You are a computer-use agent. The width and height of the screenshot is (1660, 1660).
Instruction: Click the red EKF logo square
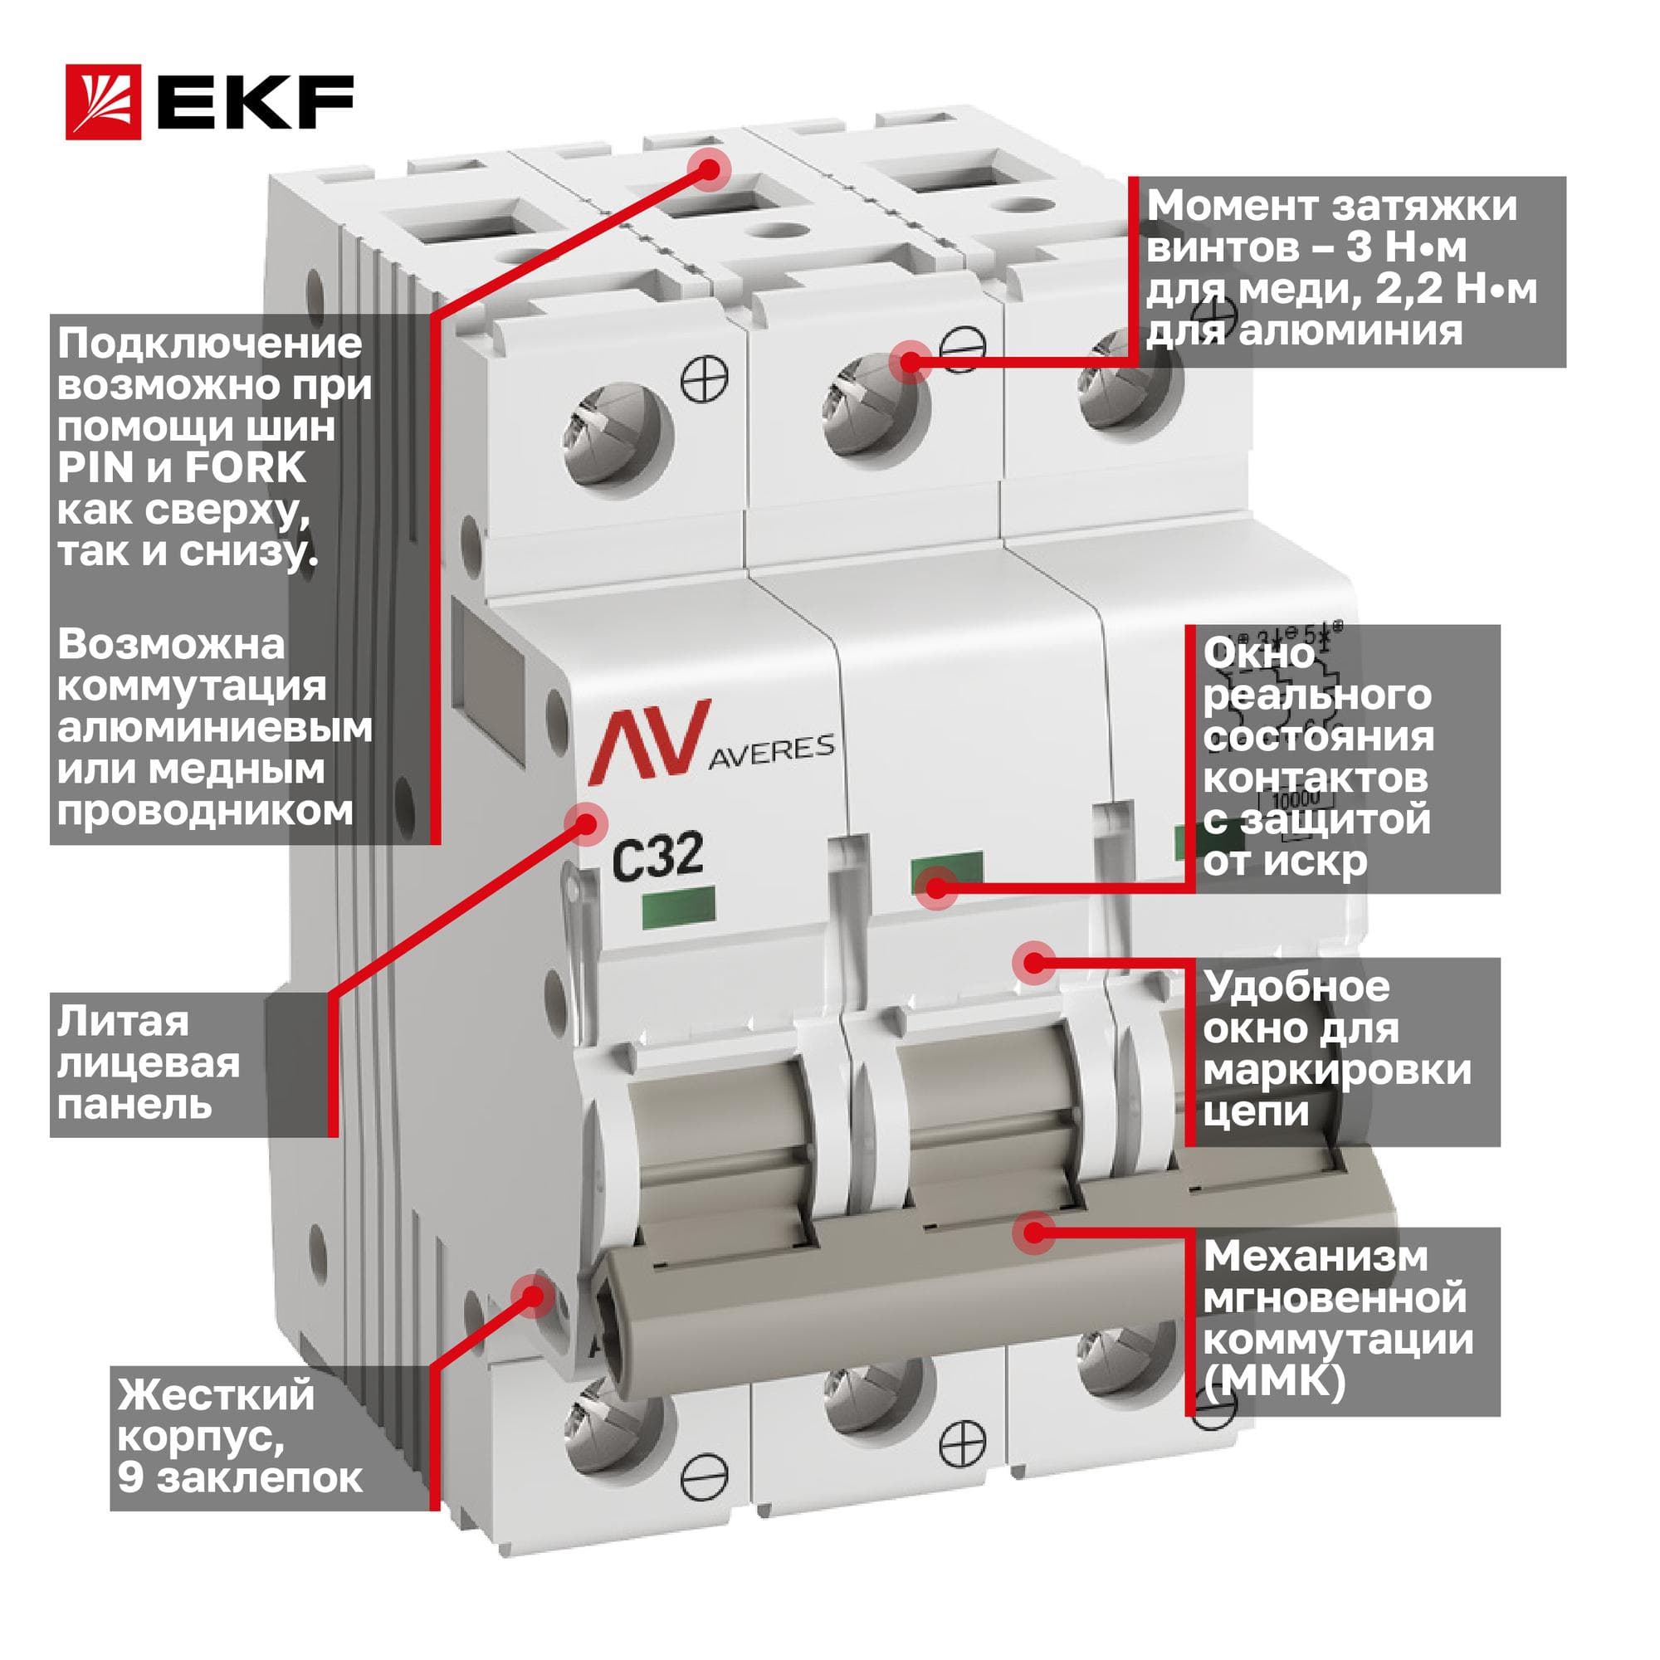[103, 102]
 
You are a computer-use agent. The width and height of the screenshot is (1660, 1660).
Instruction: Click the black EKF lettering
[255, 102]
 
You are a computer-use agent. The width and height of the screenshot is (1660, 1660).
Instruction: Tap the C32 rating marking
[657, 856]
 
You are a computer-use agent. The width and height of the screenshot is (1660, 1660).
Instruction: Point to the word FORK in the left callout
[245, 468]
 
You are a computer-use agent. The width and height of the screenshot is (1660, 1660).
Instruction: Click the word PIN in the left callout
[95, 468]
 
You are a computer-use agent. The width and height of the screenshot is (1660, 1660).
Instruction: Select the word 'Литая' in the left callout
[123, 1023]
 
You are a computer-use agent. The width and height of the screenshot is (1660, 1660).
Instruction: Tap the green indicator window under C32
[678, 908]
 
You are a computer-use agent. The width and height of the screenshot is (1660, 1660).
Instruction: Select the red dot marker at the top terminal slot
[707, 169]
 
